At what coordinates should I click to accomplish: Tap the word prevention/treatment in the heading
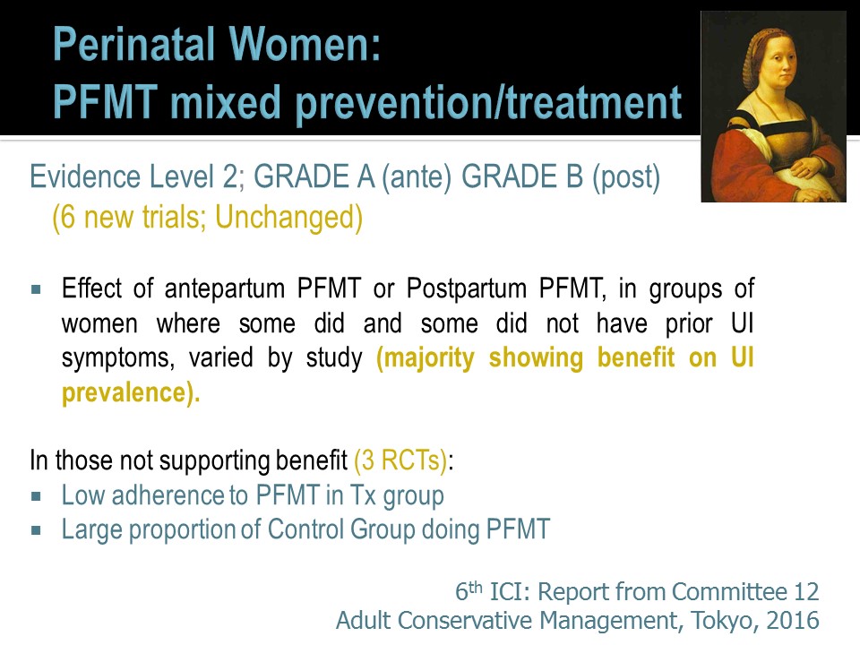pos(489,102)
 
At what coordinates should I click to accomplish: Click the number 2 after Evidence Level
pos(230,176)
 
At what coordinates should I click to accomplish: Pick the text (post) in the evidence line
pos(626,177)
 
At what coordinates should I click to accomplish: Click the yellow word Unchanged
pos(288,217)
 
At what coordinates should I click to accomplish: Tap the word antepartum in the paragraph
pos(224,289)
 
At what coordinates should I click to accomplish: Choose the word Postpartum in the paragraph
pos(467,289)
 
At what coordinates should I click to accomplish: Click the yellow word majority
pos(426,358)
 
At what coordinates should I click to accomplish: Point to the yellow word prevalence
pos(131,392)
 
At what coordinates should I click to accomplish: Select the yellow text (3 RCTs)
pos(401,460)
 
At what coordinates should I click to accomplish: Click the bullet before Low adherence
pos(36,496)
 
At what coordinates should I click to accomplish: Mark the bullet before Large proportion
pos(36,530)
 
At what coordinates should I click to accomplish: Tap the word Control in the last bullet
pos(305,529)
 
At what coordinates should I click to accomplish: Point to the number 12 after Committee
pos(807,592)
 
